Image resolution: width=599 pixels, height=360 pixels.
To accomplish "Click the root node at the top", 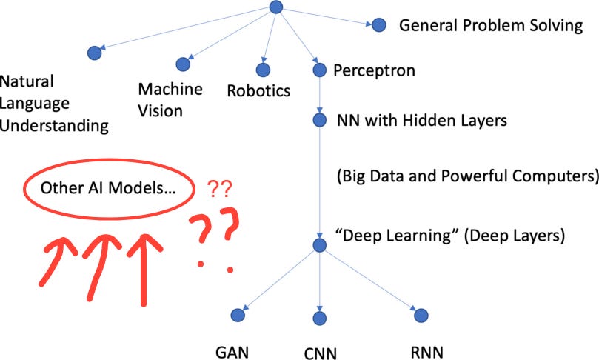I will click(x=276, y=7).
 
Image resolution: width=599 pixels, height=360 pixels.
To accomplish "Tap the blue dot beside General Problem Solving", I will click(x=379, y=25).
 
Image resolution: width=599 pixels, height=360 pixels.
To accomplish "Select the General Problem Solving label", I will click(x=491, y=25).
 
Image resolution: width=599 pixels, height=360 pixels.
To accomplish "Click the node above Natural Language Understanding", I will click(x=93, y=53).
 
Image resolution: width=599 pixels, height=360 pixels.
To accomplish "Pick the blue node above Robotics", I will click(x=263, y=70).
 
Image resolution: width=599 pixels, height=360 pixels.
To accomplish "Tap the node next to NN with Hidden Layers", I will click(x=320, y=119).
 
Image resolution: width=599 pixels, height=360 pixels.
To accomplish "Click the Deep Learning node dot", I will click(x=320, y=244).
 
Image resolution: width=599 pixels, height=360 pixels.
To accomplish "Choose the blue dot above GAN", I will click(x=238, y=315).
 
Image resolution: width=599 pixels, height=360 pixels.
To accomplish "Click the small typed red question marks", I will click(x=220, y=188).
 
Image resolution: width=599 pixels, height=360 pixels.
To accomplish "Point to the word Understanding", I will click(x=55, y=124).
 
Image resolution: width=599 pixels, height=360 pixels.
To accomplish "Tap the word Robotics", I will click(x=258, y=91).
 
